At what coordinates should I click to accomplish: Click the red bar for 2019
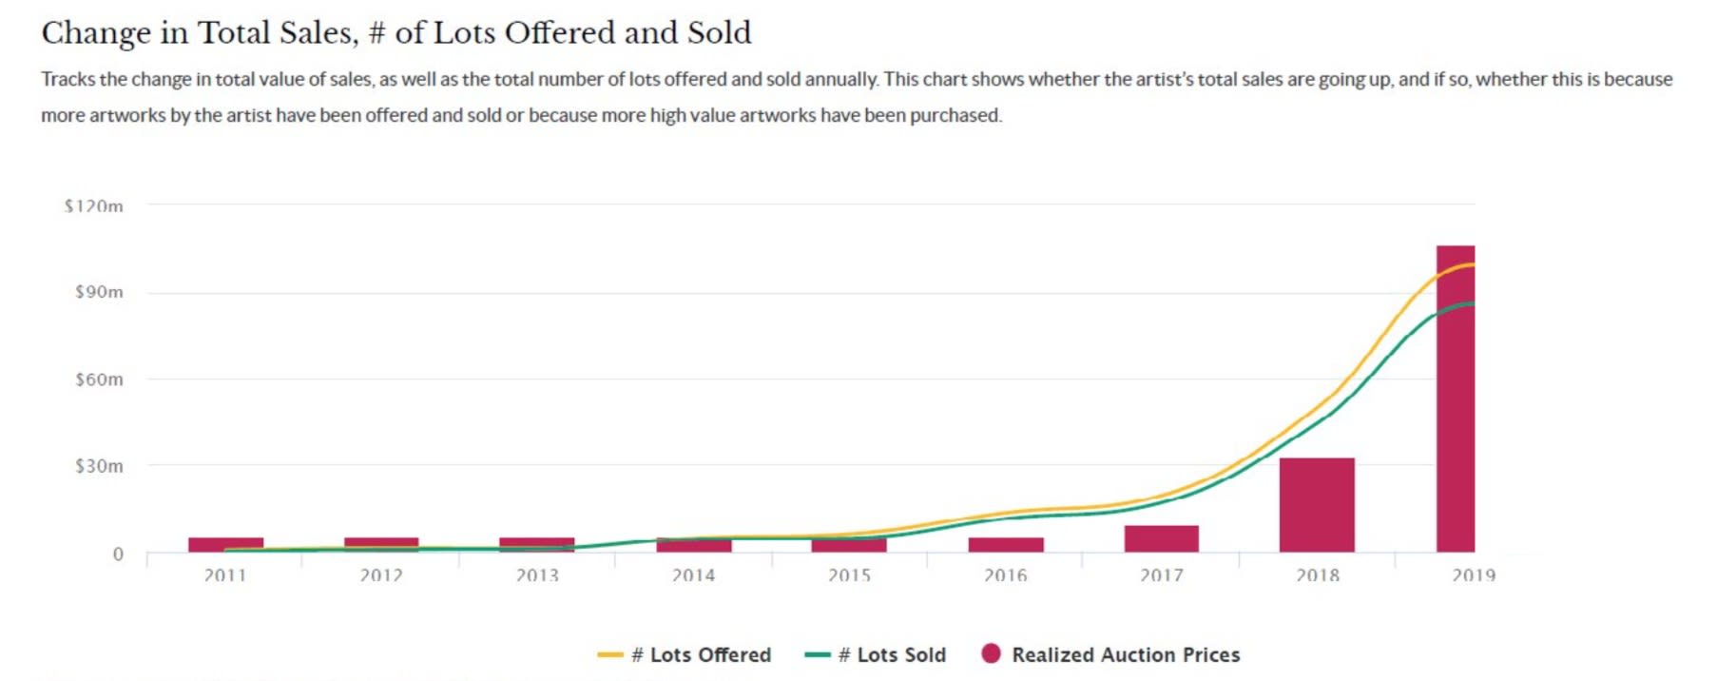tap(1455, 399)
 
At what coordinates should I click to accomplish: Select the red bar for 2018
tap(1317, 505)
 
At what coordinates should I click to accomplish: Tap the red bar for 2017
tap(1161, 538)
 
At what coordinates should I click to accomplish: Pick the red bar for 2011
tap(225, 544)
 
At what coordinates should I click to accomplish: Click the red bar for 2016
tap(1006, 545)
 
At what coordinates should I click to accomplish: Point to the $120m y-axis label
tap(93, 206)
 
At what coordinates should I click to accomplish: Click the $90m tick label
tap(99, 292)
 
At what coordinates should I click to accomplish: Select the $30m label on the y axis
tap(99, 466)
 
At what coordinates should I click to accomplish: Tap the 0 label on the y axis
tap(118, 554)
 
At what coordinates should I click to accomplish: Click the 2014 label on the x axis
tap(693, 575)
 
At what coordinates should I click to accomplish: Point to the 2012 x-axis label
tap(381, 575)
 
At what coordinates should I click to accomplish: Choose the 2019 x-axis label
tap(1473, 575)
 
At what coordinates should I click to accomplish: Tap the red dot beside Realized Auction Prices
tap(991, 653)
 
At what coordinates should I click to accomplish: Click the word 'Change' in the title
tap(95, 33)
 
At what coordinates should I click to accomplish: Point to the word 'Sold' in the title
tap(719, 33)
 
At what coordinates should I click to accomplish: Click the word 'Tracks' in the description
tap(68, 79)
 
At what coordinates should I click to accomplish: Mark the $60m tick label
tap(99, 379)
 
